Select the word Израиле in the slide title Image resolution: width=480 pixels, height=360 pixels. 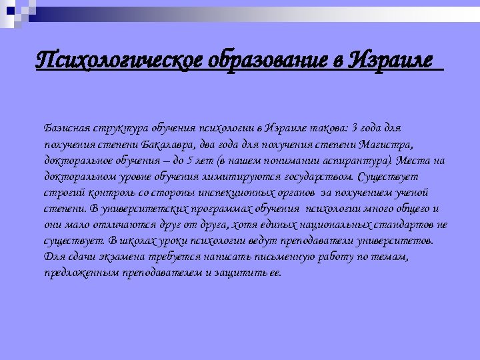(391, 62)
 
